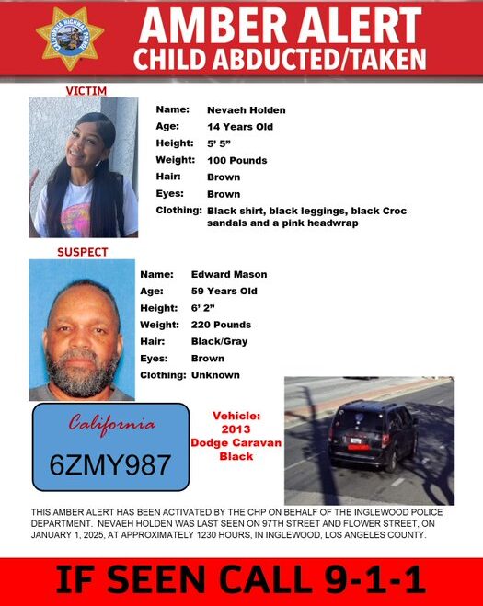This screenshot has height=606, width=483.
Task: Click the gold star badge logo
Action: (x=70, y=38)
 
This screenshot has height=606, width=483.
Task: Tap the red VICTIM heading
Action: (x=86, y=91)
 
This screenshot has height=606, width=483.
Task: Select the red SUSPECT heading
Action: (x=82, y=252)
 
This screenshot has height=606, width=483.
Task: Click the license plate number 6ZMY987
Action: (x=110, y=463)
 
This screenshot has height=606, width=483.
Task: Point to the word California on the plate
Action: (x=112, y=426)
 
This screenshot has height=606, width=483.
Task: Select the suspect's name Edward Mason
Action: (x=229, y=274)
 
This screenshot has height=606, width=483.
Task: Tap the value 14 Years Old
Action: (x=240, y=126)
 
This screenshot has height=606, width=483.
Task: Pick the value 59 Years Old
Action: (x=224, y=291)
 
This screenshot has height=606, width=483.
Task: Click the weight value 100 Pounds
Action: (x=237, y=160)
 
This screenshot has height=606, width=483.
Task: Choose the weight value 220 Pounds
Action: (x=221, y=325)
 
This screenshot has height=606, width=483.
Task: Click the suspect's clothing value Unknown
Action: (x=215, y=375)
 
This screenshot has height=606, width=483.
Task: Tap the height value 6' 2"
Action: (x=202, y=308)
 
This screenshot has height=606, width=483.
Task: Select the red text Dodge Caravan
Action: (x=236, y=443)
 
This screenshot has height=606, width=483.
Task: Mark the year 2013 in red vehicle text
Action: (x=236, y=429)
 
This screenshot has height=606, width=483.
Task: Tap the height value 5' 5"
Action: (x=219, y=143)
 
